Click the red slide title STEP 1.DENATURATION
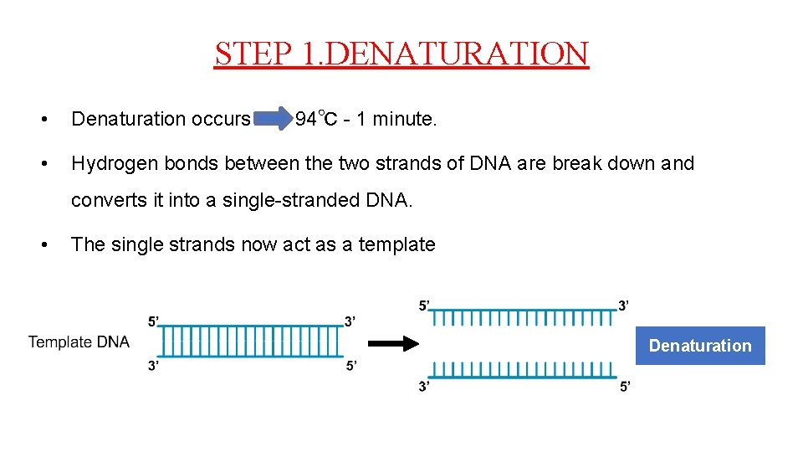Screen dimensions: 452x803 (x=401, y=54)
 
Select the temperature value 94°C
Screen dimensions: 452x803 (x=316, y=120)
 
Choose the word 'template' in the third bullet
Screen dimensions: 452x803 (x=396, y=245)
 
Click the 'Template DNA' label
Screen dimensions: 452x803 (x=79, y=342)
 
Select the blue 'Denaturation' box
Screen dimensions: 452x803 (x=700, y=346)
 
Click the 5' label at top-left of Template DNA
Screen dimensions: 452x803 (x=153, y=321)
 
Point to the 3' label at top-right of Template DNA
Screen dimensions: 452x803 (x=350, y=321)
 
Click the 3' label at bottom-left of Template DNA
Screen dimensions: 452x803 (x=153, y=365)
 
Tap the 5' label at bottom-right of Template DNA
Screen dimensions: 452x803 (x=350, y=365)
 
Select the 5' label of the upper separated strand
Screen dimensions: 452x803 (x=425, y=306)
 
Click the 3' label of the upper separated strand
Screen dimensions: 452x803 (x=624, y=306)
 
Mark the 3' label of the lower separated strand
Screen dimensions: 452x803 (x=425, y=386)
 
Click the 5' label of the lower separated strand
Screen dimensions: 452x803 (x=624, y=386)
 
